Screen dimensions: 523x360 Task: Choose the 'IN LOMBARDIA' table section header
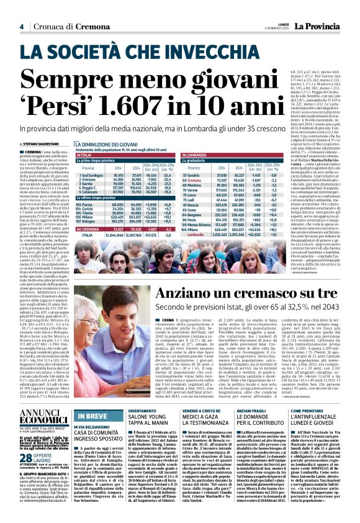coord(205,155)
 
